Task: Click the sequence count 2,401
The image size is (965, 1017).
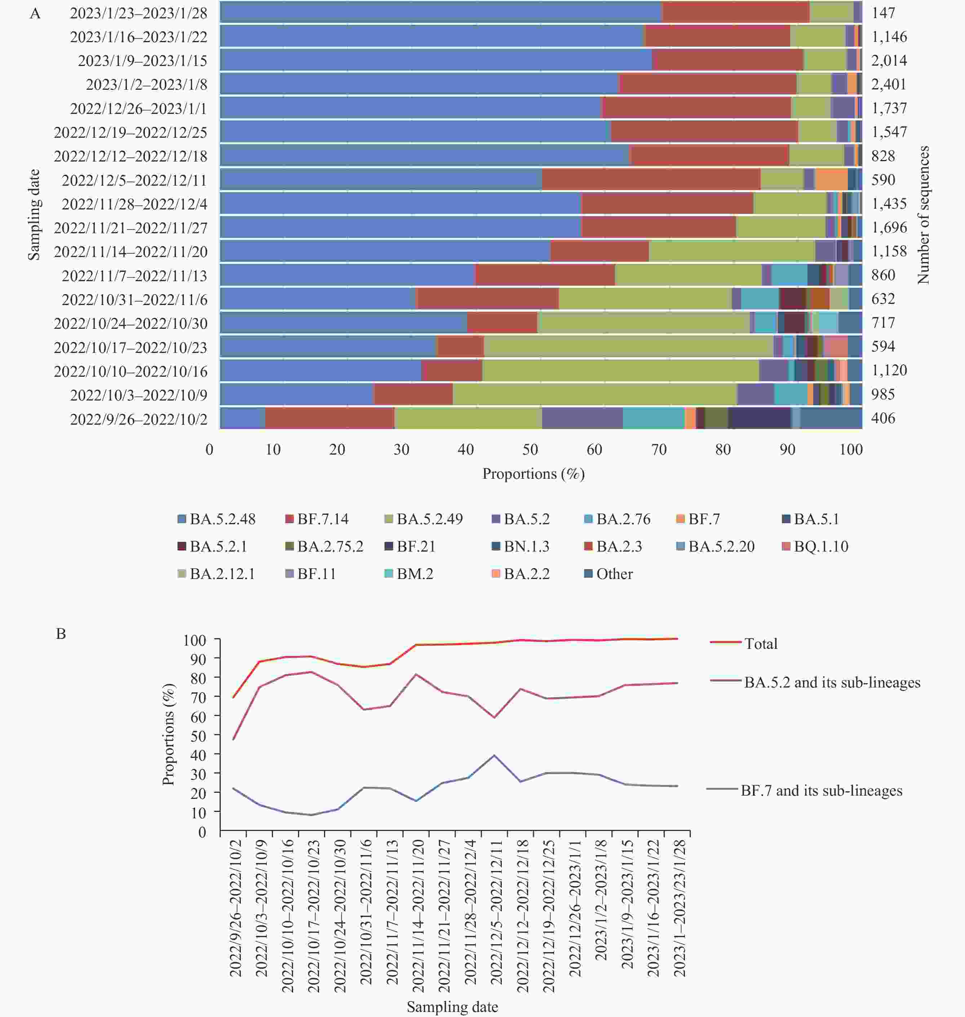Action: pos(888,84)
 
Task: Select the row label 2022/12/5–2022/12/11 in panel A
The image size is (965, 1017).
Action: pos(134,180)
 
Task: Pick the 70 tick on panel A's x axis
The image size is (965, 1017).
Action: pos(659,450)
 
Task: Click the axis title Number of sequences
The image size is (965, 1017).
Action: pos(923,215)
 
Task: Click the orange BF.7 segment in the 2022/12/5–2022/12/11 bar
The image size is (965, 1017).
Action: pos(831,180)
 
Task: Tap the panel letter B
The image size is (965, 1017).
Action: pos(61,634)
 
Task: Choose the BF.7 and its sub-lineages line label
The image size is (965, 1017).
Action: pos(821,790)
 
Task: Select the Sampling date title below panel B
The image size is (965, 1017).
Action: pos(452,1006)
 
